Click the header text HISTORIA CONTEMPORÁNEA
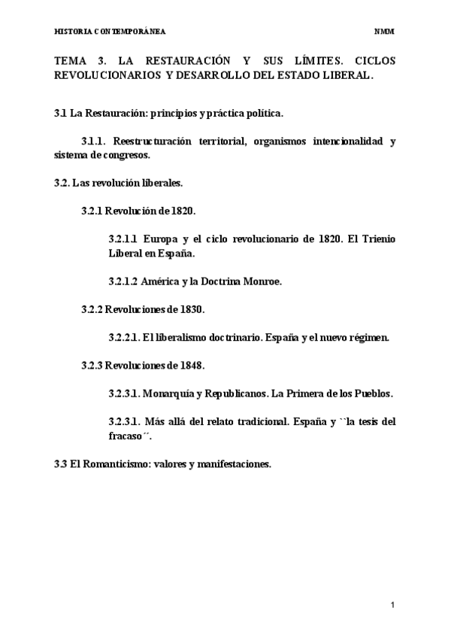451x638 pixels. (x=110, y=32)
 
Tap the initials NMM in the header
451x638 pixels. (x=384, y=32)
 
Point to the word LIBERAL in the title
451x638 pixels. (x=347, y=75)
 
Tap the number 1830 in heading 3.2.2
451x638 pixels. (x=191, y=308)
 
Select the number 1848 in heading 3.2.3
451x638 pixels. (x=191, y=365)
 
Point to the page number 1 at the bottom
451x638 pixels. (x=392, y=605)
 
